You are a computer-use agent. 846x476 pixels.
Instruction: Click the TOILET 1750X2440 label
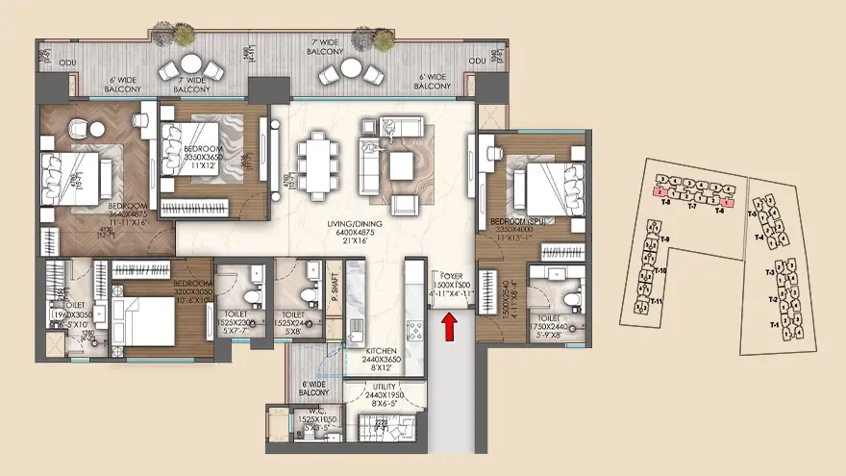pos(550,320)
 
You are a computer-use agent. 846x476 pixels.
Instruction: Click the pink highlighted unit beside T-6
pos(729,202)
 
